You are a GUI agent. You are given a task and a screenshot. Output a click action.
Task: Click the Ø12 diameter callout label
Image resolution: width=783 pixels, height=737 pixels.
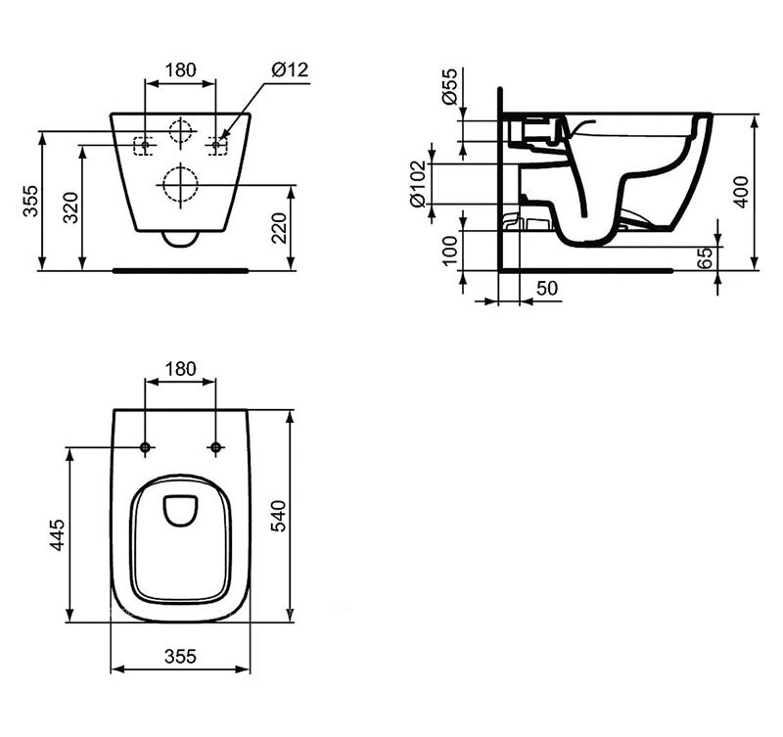(290, 69)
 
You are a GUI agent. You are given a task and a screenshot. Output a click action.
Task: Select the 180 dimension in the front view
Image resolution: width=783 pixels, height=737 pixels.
(180, 69)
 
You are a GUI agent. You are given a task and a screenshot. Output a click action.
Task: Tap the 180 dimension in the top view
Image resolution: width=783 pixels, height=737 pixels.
(180, 369)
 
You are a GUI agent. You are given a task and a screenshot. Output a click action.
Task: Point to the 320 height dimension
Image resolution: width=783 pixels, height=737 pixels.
(70, 207)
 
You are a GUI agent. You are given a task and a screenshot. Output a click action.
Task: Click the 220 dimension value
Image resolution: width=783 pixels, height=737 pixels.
(279, 228)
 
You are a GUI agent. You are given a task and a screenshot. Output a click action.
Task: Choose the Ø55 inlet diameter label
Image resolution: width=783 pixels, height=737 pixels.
(450, 86)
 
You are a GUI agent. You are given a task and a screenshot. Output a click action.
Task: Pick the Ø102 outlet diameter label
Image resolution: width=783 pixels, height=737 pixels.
(418, 184)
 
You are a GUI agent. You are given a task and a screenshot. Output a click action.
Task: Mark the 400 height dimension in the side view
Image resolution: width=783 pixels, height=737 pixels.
(741, 192)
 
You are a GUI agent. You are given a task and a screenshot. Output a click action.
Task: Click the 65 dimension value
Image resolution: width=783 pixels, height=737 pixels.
(705, 257)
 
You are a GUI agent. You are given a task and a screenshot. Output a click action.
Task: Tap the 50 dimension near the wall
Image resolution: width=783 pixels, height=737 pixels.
(547, 288)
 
